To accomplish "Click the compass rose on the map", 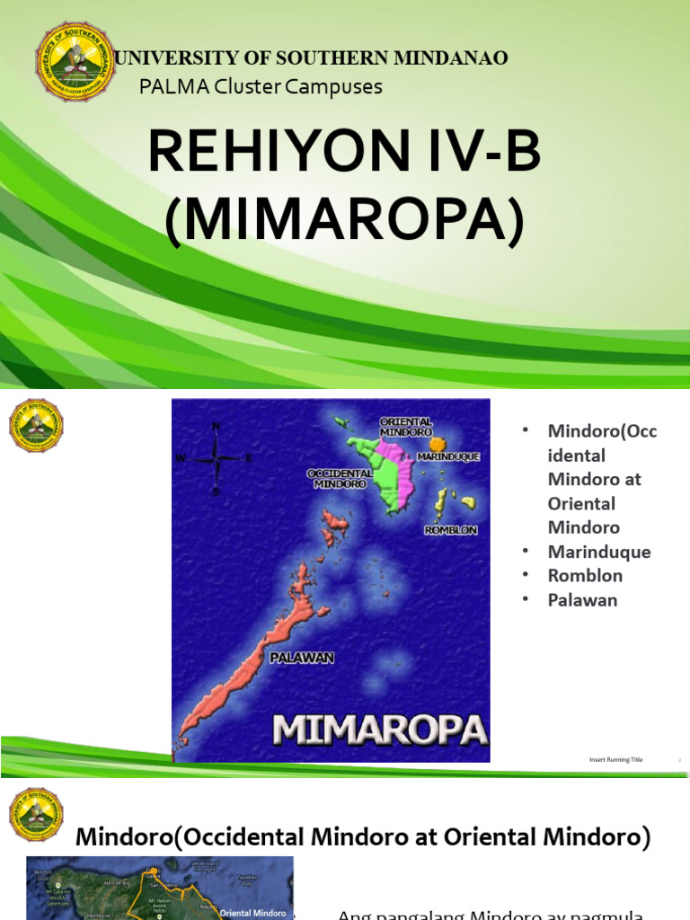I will pos(216,457).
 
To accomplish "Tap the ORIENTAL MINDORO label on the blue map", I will pos(406,427).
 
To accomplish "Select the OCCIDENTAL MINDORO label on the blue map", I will pos(337,478).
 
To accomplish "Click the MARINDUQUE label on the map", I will pos(448,456).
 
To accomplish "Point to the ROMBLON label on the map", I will pos(450,530).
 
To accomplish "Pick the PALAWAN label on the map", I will pos(302,658).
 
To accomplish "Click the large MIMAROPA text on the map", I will pos(379,729).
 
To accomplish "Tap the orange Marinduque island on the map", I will pos(437,444).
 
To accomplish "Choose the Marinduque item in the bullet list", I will pos(598,552).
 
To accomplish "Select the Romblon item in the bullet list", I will pos(585,576).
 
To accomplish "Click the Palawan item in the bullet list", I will pos(582,600).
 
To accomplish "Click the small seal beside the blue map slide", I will pos(36,426).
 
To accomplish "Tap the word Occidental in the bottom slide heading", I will pos(250,836).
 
